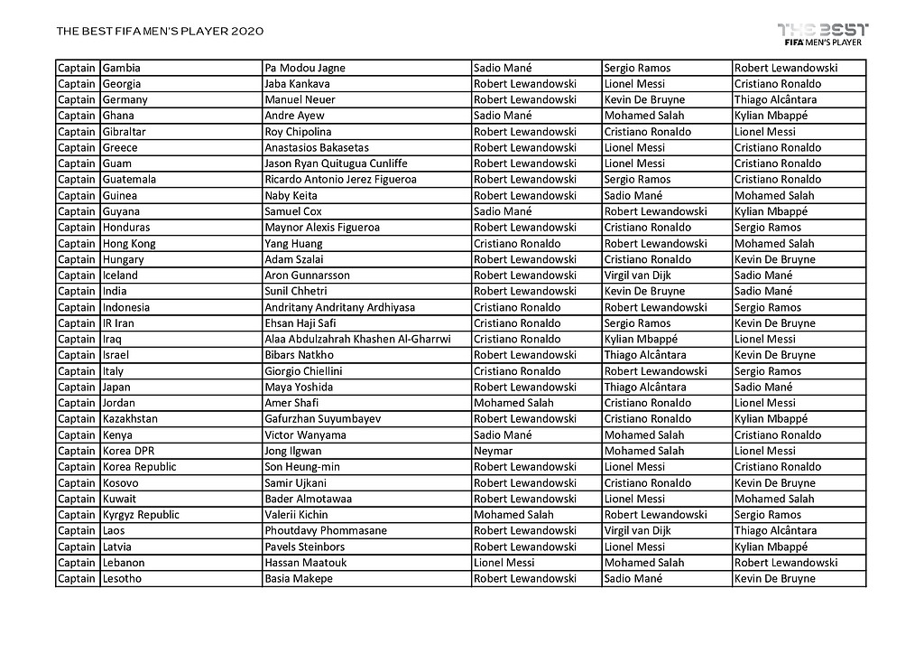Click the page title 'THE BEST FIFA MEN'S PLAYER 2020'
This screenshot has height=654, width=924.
(160, 32)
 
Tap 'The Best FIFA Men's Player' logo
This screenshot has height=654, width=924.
(822, 33)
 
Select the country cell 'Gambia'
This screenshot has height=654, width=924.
(122, 68)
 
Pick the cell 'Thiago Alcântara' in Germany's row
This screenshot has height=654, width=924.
(775, 99)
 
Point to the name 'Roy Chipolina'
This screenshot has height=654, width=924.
(298, 132)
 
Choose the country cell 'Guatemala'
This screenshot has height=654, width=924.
(129, 180)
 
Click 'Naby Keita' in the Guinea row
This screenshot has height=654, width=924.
(291, 195)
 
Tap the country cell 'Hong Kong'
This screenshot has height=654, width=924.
(129, 243)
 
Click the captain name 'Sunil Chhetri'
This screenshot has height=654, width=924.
(296, 291)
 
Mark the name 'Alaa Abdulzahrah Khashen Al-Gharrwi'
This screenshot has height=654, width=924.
(357, 339)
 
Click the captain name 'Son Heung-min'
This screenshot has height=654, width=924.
(303, 467)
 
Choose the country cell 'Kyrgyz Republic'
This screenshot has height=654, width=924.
(141, 515)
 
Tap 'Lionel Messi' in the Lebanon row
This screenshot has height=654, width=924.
(504, 563)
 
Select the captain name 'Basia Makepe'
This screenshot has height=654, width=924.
(299, 579)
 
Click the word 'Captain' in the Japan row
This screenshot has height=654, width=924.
(77, 387)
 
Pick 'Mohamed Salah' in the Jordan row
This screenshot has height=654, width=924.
(513, 403)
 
